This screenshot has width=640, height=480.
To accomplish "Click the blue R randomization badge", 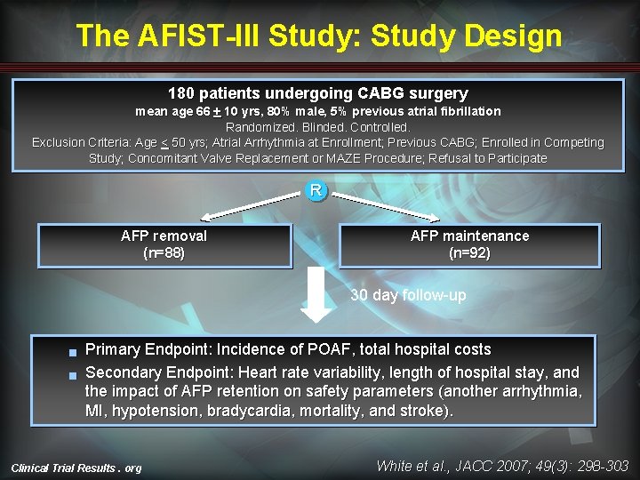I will click(x=316, y=190).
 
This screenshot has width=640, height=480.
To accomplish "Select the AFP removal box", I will click(x=164, y=245).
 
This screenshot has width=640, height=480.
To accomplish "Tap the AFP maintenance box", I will click(x=469, y=245).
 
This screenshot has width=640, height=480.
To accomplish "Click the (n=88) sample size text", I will click(x=164, y=253).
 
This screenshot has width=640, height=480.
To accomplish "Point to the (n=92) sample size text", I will click(x=469, y=253).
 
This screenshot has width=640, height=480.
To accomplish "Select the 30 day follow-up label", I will click(x=408, y=295).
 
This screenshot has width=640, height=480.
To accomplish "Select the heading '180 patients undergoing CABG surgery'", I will click(x=317, y=93).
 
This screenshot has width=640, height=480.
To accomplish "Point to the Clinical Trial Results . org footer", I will click(x=76, y=468).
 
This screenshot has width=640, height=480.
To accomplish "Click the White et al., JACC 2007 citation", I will click(x=502, y=466).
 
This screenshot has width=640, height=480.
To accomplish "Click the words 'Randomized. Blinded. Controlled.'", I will click(x=317, y=127).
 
